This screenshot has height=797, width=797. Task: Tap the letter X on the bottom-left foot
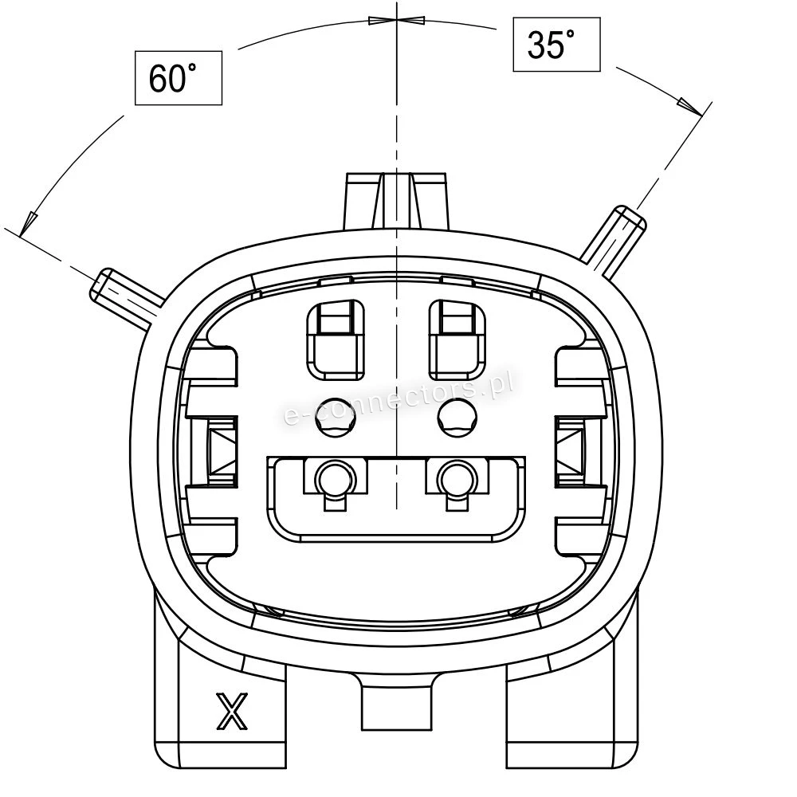coord(232,711)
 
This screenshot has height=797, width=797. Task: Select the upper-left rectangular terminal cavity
coord(336,340)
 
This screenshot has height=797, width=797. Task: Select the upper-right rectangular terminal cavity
coord(457,340)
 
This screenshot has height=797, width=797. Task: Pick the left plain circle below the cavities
coord(336,418)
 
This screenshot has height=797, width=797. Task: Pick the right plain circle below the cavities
coord(457,418)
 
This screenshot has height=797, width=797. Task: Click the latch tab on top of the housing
coord(396,202)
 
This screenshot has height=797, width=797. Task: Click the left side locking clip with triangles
coord(222,450)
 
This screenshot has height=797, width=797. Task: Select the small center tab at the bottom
coord(396,704)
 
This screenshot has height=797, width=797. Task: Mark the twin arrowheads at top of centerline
coord(396,21)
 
